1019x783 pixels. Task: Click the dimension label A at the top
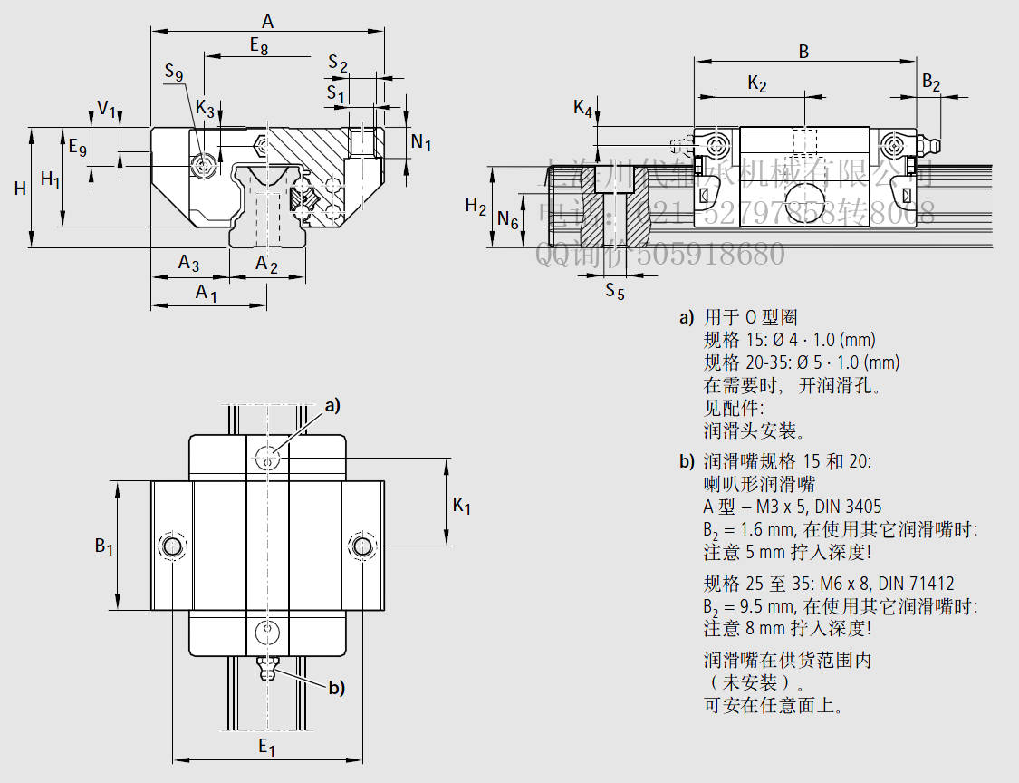[267, 20]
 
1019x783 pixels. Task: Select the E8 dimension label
[258, 44]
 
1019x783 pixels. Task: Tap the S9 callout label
[174, 72]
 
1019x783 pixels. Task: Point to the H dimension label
[20, 188]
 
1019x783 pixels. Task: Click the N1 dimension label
[421, 141]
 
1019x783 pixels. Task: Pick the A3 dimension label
[188, 264]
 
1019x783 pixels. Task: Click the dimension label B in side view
[803, 52]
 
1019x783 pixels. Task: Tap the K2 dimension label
[757, 84]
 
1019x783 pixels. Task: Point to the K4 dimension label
[583, 109]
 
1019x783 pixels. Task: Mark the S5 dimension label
[615, 290]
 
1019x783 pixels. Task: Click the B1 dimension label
[104, 546]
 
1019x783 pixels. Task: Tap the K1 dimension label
[462, 506]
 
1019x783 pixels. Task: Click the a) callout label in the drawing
[332, 406]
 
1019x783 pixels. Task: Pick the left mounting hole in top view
[170, 546]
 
